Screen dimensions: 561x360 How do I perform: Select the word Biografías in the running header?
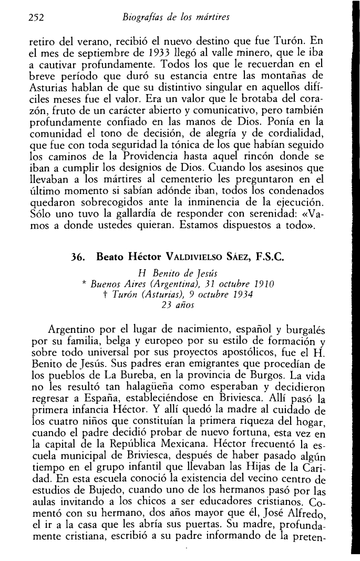pos(140,17)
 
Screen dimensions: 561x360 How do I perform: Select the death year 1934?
pos(244,295)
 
